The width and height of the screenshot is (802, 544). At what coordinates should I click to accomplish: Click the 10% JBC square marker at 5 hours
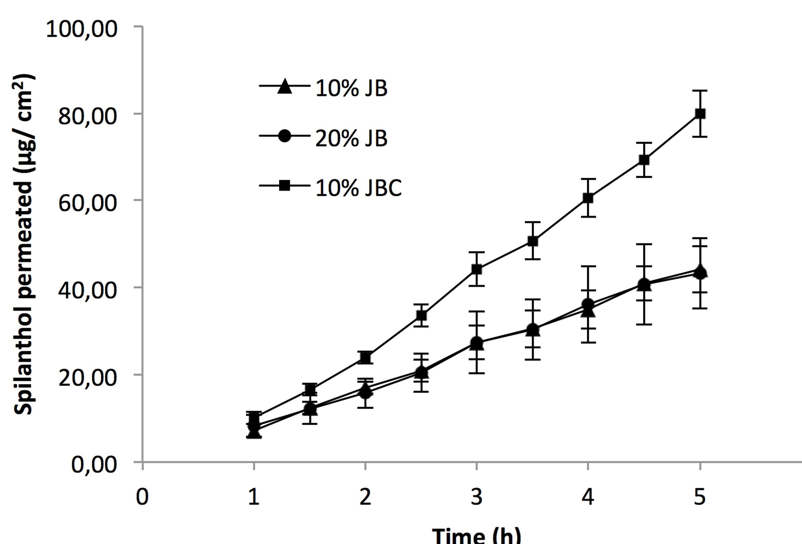(700, 114)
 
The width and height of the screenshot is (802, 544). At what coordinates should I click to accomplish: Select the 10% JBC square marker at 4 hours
(588, 198)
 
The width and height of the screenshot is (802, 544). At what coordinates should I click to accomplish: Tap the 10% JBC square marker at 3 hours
(476, 269)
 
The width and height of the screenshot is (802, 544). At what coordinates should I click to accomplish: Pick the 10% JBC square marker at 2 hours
(365, 358)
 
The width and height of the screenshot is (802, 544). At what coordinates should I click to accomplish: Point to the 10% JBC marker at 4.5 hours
(644, 160)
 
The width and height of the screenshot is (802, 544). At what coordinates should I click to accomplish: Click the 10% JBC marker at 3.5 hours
(533, 241)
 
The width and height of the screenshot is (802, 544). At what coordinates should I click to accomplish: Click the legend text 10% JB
(351, 88)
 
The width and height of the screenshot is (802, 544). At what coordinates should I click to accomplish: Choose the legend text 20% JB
(351, 138)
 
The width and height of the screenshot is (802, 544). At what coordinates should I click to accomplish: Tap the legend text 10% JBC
(358, 188)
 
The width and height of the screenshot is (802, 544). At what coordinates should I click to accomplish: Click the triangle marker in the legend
(285, 87)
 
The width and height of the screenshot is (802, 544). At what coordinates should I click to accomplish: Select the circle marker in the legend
(285, 136)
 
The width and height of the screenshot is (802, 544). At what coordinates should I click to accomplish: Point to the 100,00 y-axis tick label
(82, 29)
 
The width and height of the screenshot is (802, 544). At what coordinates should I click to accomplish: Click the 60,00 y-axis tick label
(87, 203)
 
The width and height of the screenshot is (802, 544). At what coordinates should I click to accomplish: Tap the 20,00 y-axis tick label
(87, 377)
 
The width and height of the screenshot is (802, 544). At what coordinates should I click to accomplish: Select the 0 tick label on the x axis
(142, 497)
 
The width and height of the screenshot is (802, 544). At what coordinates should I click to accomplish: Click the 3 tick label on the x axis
(476, 497)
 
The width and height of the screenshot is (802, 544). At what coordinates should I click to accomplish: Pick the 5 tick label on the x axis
(700, 497)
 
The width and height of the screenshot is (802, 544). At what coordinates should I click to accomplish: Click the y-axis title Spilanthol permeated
(24, 244)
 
